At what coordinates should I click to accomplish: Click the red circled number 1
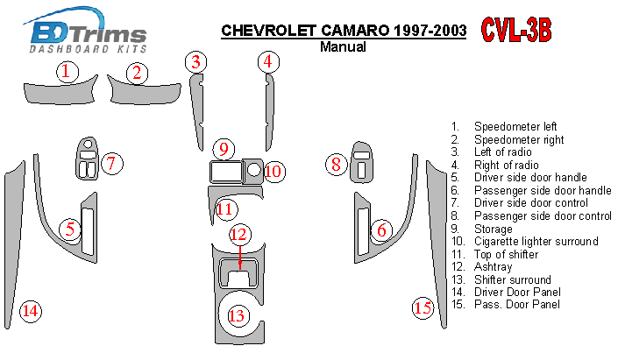point(66,72)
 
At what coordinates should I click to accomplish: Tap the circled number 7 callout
point(111,163)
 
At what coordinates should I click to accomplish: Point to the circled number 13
point(237,315)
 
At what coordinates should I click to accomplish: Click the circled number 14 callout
point(30,310)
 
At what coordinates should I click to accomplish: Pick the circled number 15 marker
point(423,307)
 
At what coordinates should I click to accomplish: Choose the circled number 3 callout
point(197,61)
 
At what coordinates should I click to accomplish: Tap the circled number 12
point(239,234)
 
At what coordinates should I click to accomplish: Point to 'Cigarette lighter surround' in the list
point(534,241)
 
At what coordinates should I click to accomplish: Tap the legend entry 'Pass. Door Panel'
point(516,304)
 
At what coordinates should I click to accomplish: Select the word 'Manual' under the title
point(343,47)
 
